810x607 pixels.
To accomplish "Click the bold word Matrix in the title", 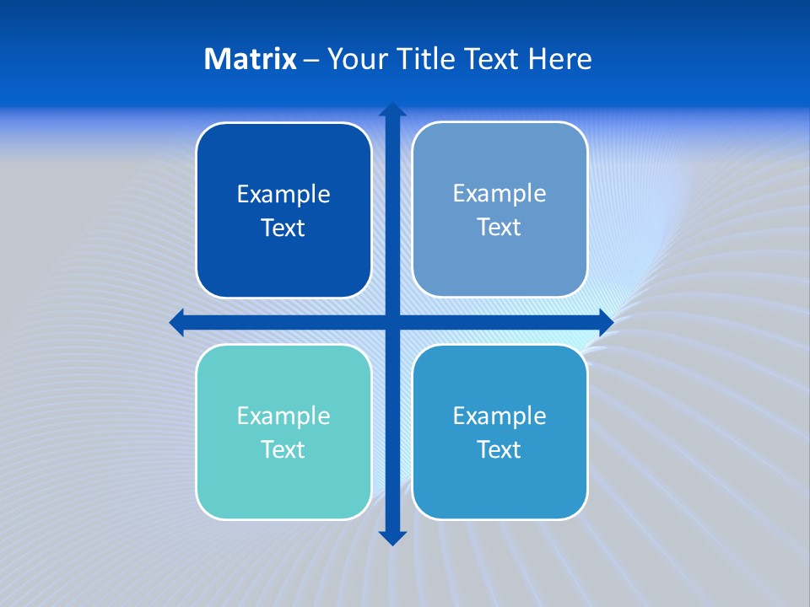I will click(x=250, y=59).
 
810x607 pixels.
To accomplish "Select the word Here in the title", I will click(x=560, y=59).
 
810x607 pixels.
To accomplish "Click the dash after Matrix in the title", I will click(x=311, y=60).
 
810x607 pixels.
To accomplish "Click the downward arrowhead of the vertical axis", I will click(x=392, y=537).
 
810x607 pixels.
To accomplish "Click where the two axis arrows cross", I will click(x=392, y=322).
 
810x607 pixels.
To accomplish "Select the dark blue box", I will click(x=283, y=211).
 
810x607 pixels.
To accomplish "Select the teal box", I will click(x=283, y=432).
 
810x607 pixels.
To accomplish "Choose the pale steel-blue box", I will click(x=499, y=210).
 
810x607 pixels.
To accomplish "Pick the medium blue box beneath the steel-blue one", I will click(x=499, y=432).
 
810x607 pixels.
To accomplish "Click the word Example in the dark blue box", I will click(x=283, y=195).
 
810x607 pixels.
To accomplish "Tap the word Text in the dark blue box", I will click(x=283, y=228).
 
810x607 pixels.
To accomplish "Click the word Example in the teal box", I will click(x=283, y=416).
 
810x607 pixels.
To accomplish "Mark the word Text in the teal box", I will click(x=283, y=449).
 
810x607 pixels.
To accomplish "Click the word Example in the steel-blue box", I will click(x=499, y=194).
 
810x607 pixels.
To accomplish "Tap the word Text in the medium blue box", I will click(x=499, y=449).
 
